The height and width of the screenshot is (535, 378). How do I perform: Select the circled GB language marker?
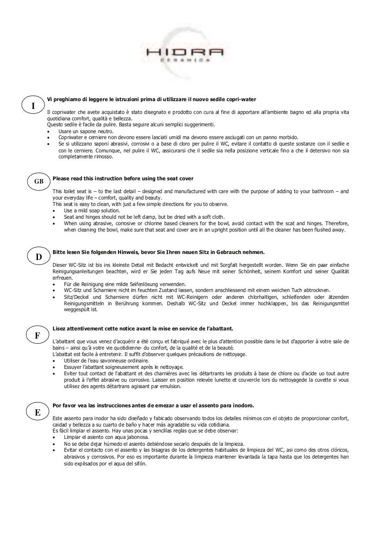[39, 182]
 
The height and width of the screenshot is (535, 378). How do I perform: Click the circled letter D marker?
[39, 257]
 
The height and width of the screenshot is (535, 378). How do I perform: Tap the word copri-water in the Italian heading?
[243, 99]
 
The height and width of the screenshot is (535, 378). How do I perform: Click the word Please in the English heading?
[61, 178]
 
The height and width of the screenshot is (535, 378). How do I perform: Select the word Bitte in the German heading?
[59, 252]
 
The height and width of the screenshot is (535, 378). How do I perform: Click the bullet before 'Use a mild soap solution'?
[54, 210]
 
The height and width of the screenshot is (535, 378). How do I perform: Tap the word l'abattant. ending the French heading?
[221, 328]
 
